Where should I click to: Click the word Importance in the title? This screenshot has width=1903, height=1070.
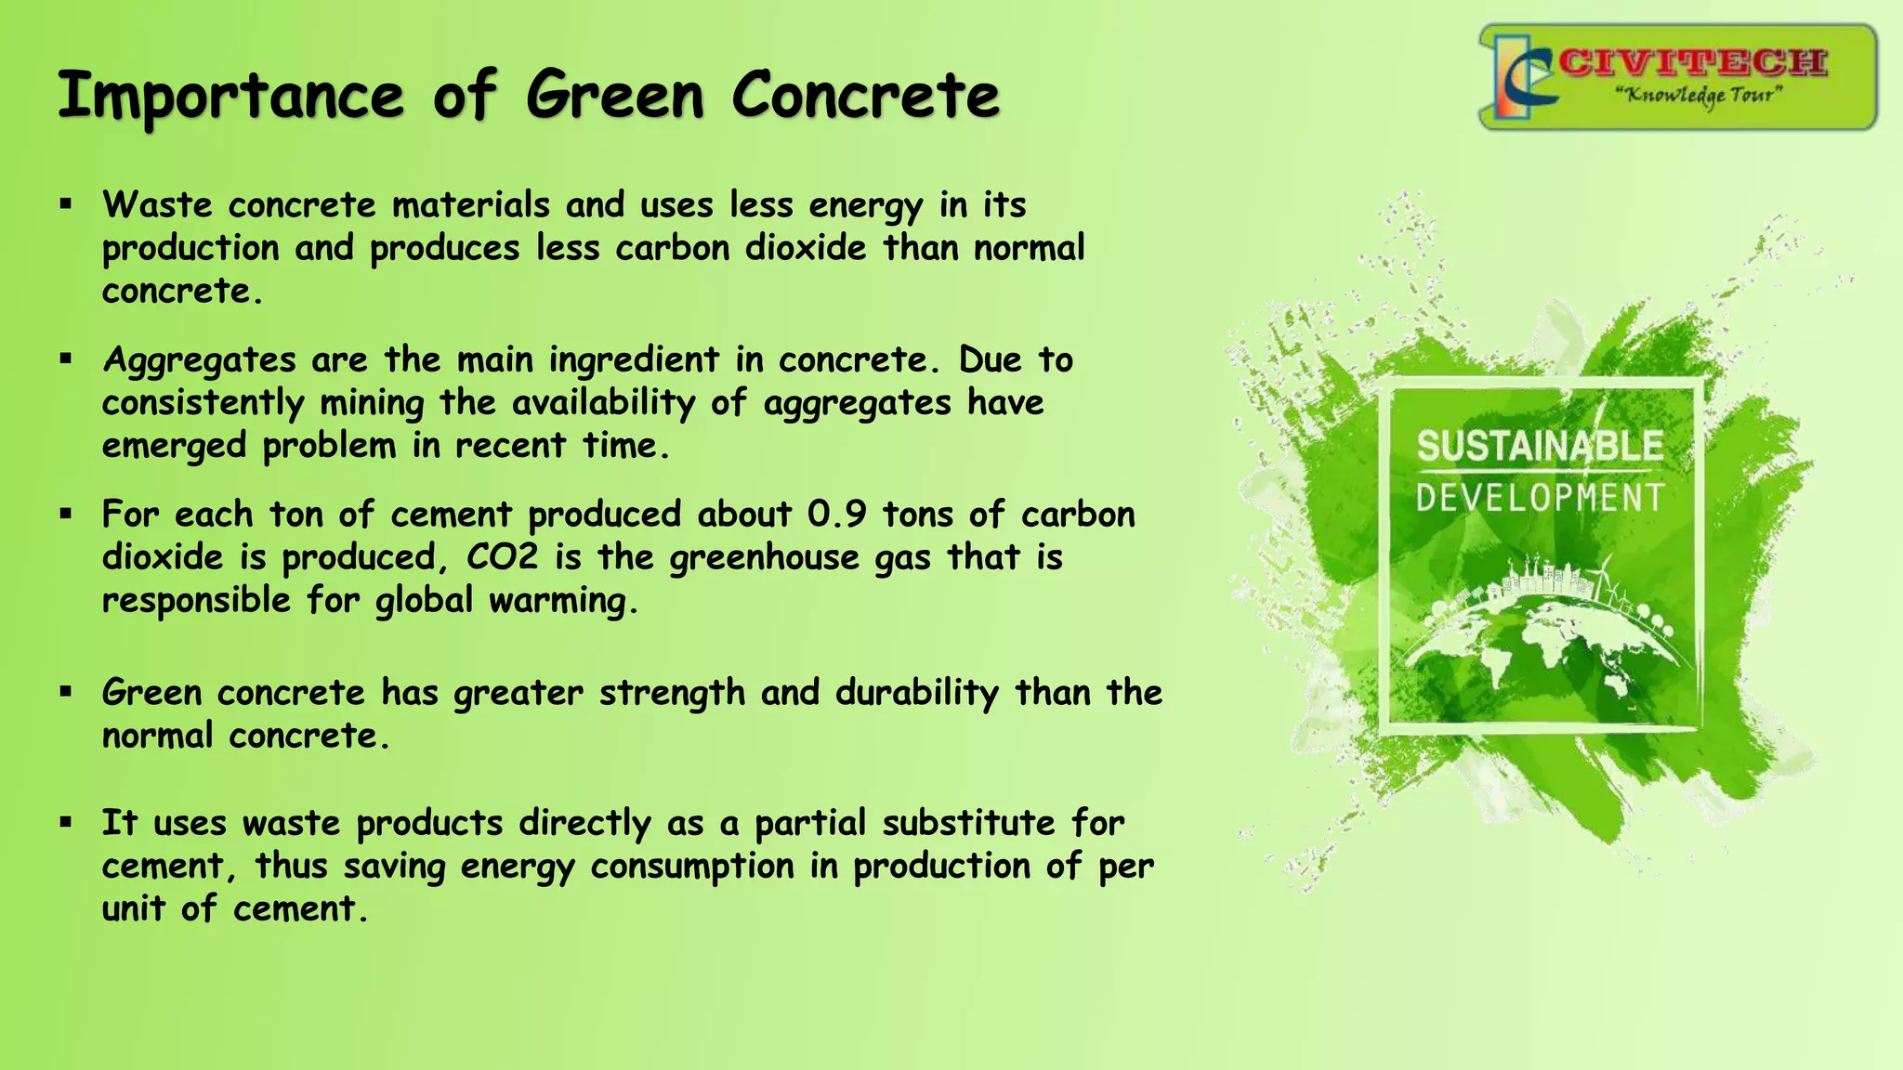(230, 97)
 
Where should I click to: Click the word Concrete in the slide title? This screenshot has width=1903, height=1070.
(865, 97)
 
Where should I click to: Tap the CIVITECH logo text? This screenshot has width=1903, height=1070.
(1693, 63)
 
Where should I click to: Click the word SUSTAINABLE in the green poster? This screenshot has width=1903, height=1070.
(1540, 447)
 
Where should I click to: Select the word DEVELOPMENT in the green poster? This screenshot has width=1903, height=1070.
(1540, 498)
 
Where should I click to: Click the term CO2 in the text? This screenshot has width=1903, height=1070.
(502, 557)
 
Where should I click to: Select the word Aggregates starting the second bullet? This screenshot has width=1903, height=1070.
(199, 360)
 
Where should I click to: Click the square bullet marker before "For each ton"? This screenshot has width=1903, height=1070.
(65, 514)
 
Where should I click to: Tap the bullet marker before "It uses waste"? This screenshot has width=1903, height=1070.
(65, 822)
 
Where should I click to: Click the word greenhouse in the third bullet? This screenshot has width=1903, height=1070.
(764, 557)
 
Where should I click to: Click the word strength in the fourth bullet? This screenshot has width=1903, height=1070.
(672, 693)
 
